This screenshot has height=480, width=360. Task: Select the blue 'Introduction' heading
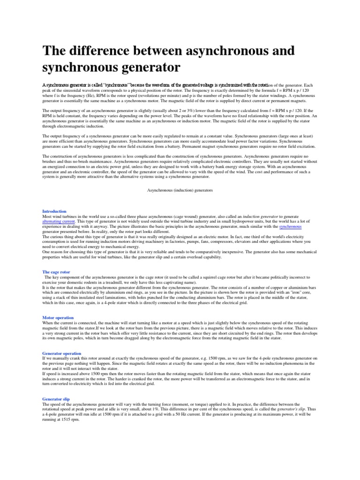pyautogui.click(x=54, y=211)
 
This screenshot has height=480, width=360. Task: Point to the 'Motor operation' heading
pyautogui.click(x=58, y=317)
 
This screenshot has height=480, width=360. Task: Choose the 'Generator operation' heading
pyautogui.click(x=62, y=353)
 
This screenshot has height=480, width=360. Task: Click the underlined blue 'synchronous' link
pyautogui.click(x=290, y=226)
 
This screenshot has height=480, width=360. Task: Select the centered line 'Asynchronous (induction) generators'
pyautogui.click(x=180, y=191)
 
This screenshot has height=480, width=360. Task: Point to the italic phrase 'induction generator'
pyautogui.click(x=264, y=217)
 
